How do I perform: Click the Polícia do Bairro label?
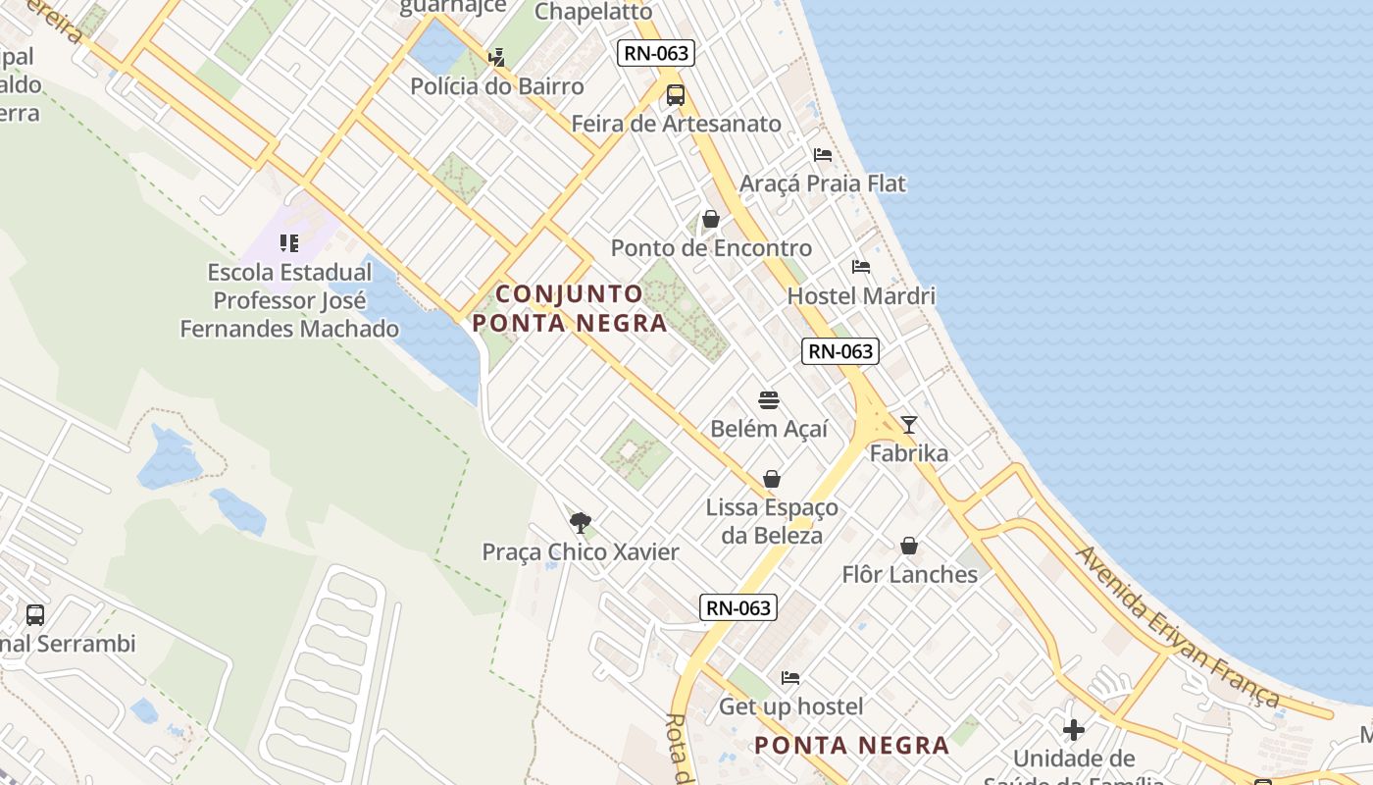497,86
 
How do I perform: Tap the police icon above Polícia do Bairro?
497,57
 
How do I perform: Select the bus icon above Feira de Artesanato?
676,95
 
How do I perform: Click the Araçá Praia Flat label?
823,183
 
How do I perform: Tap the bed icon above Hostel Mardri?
861,267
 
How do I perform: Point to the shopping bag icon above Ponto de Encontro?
711,219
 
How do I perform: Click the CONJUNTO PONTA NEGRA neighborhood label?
570,308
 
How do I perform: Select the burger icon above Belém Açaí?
769,400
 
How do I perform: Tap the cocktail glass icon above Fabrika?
909,425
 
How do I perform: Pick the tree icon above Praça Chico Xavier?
581,522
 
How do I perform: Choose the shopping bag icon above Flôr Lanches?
909,546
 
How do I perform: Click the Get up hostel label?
791,706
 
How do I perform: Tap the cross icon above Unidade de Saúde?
1074,730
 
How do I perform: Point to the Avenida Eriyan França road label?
1177,626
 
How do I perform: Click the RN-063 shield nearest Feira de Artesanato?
656,53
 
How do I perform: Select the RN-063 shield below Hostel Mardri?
839,351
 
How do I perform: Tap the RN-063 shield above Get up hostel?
738,607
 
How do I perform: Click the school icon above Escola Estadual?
289,242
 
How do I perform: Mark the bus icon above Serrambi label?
35,615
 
